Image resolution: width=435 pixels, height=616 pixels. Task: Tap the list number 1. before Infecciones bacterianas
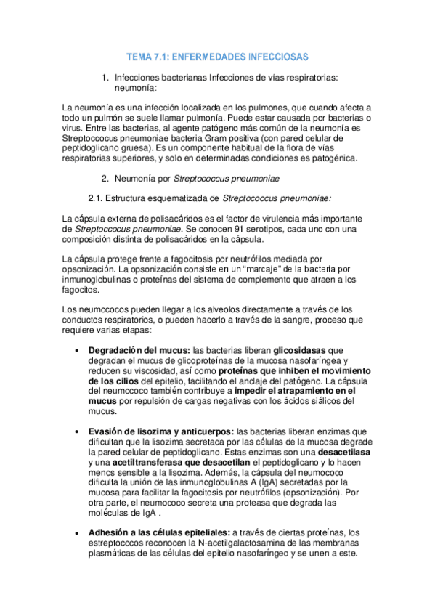click(x=105, y=77)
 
